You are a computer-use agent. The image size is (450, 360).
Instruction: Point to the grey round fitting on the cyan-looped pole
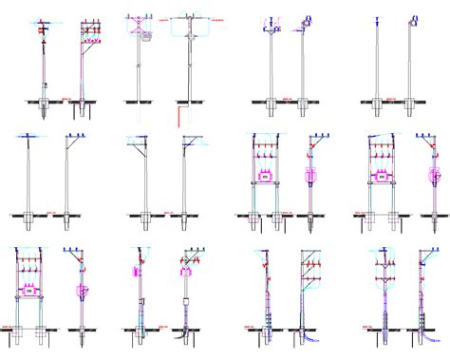click(190, 35)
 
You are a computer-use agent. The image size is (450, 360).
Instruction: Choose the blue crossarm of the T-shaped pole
click(29, 139)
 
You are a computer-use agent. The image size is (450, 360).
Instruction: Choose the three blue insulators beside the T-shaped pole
click(72, 138)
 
